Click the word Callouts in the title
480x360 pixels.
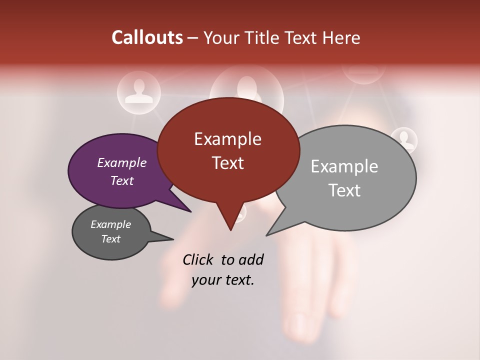(147, 37)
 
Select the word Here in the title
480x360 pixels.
(342, 38)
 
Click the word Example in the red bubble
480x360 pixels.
(227, 139)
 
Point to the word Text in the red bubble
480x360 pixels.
(227, 163)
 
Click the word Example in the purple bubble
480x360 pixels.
(121, 162)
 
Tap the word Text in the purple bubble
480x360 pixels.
(121, 180)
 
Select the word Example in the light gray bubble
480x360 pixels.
(344, 166)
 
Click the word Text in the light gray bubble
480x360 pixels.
(344, 190)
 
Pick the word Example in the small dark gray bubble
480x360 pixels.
(110, 224)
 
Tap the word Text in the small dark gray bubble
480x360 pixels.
(110, 239)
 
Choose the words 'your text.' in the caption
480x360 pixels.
(223, 280)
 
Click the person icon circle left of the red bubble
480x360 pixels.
(138, 91)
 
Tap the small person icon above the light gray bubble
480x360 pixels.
(404, 139)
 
